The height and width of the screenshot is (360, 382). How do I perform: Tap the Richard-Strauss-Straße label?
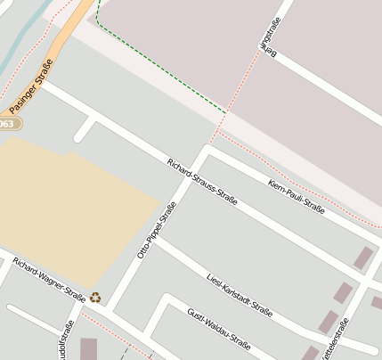click(202, 182)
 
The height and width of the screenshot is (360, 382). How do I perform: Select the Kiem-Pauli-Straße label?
click(296, 195)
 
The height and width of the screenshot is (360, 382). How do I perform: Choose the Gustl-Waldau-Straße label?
click(219, 329)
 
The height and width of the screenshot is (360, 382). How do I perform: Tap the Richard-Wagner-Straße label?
click(49, 282)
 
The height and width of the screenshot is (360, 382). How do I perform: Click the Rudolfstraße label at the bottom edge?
click(64, 342)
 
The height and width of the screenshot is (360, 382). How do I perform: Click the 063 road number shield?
click(7, 123)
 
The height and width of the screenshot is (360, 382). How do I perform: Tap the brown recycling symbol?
click(95, 298)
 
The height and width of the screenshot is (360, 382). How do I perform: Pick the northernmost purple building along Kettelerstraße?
click(362, 258)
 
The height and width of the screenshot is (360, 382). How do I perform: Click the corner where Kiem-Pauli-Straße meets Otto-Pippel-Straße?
click(209, 149)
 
